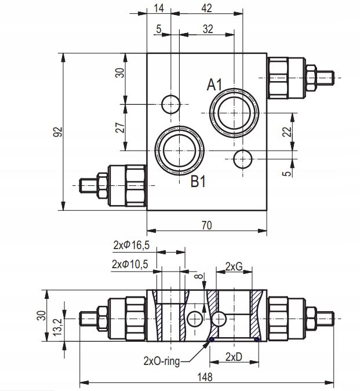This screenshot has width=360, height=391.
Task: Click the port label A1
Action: coord(215,85)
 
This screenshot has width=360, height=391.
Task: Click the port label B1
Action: coord(199,182)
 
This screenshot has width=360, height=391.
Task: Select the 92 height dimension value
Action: coord(56,133)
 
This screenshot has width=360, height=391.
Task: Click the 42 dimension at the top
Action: coord(206,8)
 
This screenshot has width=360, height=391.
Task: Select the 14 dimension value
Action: coord(159,8)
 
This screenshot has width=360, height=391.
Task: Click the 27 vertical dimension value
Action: coord(119,127)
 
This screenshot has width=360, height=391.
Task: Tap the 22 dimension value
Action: coord(286,132)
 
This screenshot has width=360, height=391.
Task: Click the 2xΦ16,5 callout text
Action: coord(131,245)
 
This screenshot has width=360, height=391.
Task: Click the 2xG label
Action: coord(233,266)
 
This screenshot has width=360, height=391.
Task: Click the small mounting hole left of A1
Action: coord(170,104)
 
